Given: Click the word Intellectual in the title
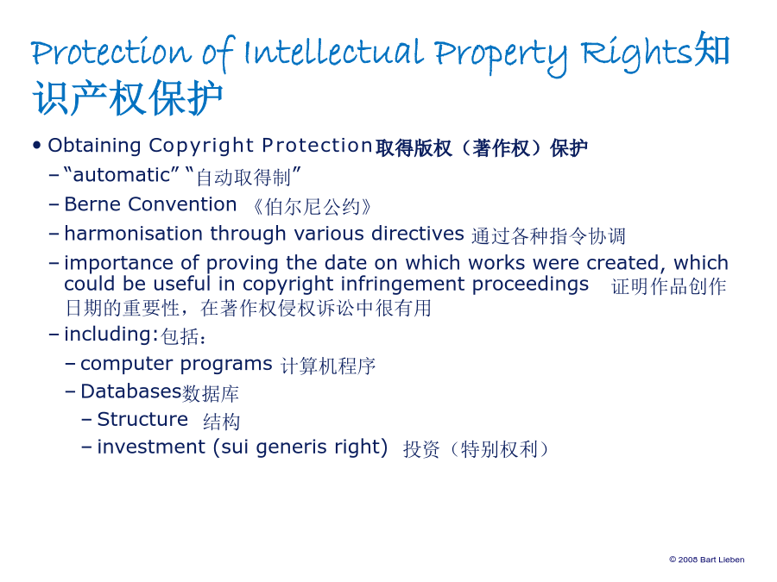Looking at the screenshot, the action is click(334, 52).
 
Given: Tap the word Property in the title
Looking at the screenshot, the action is click(501, 55).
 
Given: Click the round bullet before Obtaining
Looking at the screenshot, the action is click(36, 146).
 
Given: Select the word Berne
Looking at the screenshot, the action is click(92, 204).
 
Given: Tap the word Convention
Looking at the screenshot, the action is click(182, 204).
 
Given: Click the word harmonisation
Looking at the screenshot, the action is click(133, 234).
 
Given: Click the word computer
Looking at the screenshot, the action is click(127, 365).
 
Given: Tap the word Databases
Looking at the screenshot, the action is click(131, 391).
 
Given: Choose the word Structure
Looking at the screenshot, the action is click(142, 419).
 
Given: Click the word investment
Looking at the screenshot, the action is click(150, 447).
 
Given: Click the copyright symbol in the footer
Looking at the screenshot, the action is click(673, 560).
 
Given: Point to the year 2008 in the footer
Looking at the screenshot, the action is click(688, 560).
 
